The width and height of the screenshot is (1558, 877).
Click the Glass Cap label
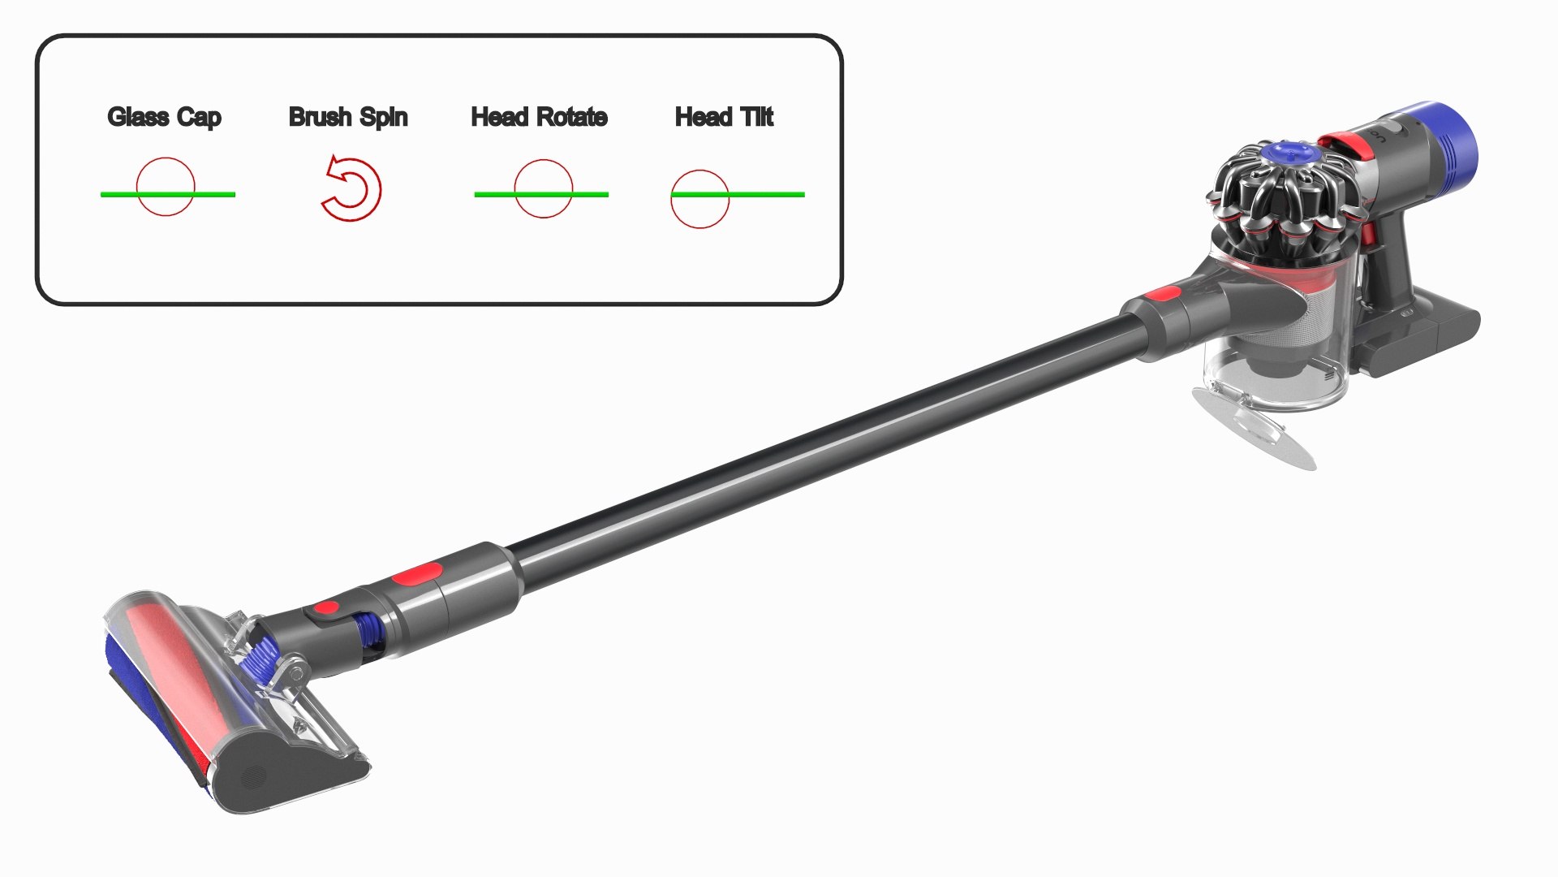[x=164, y=117]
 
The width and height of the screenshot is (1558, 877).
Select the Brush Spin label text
[x=348, y=117]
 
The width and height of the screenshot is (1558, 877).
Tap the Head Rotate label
[x=539, y=117]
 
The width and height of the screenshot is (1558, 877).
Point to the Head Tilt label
[x=724, y=117]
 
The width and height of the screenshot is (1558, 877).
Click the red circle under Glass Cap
[x=166, y=187]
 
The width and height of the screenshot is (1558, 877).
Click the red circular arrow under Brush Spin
[x=351, y=189]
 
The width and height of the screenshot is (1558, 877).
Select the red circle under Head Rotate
[x=544, y=188]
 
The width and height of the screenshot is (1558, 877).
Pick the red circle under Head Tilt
[x=699, y=198]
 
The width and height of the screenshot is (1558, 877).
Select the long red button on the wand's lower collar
[x=416, y=574]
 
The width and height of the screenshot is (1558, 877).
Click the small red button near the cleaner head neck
[x=326, y=607]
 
